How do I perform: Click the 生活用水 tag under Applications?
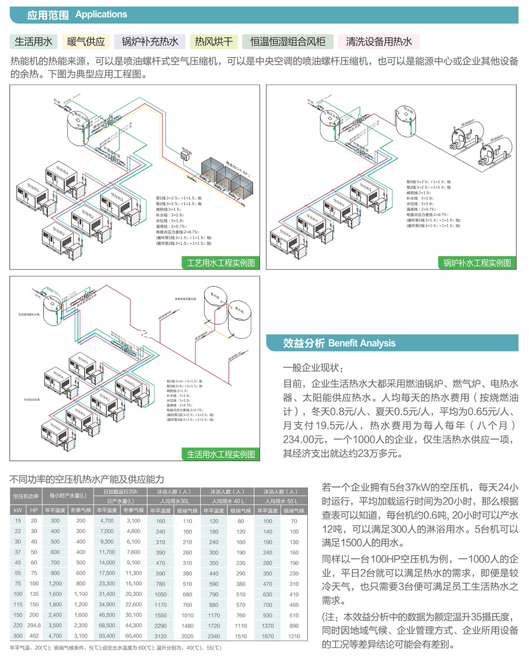[34, 41]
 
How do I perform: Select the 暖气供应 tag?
[86, 41]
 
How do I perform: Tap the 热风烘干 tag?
[213, 41]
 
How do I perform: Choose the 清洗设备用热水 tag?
[379, 41]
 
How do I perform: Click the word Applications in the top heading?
[101, 14]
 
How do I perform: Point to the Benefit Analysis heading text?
[362, 343]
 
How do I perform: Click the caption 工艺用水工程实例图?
[221, 263]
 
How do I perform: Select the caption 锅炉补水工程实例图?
[477, 263]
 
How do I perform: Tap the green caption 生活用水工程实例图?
[221, 454]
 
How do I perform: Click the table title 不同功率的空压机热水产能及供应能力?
[87, 479]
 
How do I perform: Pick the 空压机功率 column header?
[26, 496]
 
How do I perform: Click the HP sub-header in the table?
[34, 511]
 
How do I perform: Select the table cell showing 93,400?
[107, 636]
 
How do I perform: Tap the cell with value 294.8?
[34, 625]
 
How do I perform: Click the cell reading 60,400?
[133, 636]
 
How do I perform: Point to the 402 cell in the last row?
[34, 636]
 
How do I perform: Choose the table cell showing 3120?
[161, 636]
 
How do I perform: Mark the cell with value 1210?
[294, 636]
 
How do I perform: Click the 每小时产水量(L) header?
[68, 496]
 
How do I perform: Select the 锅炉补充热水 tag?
[150, 41]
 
